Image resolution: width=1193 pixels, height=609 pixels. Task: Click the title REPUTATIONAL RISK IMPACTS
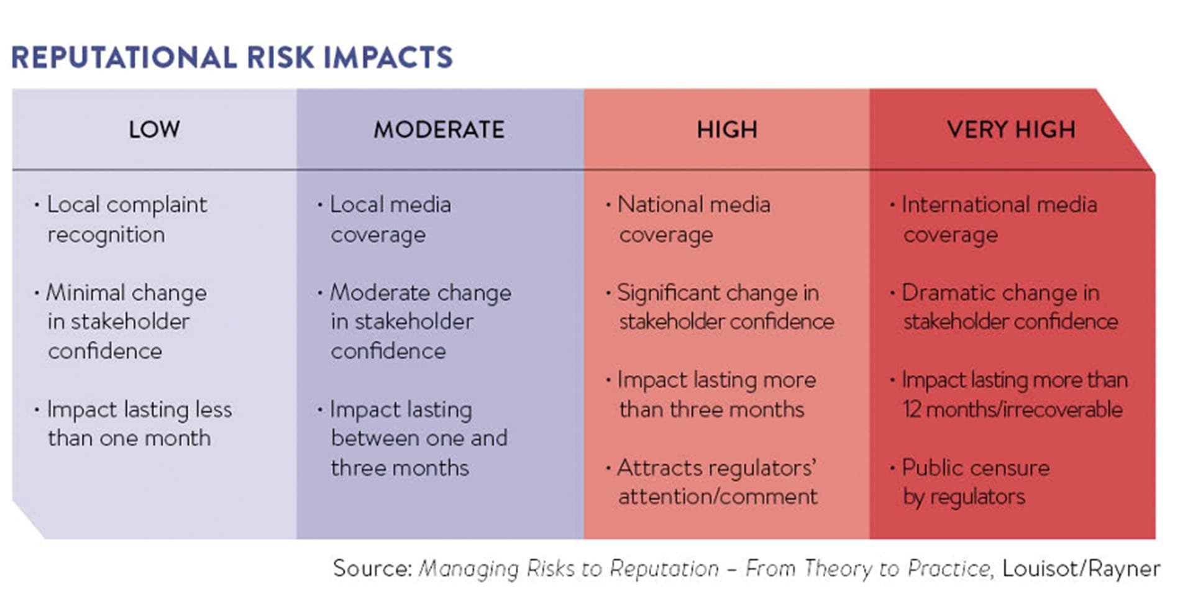(x=232, y=58)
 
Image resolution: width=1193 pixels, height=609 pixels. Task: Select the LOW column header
(x=154, y=129)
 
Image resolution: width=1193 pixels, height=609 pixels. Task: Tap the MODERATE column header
(x=439, y=129)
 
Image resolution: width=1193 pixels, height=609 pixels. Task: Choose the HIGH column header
(x=726, y=129)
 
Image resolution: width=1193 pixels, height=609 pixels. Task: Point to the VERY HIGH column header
(x=1011, y=129)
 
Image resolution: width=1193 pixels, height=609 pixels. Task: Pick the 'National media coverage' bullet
(x=693, y=219)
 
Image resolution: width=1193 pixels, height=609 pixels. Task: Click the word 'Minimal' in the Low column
(x=85, y=293)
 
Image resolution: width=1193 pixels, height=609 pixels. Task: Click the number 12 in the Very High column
(x=912, y=410)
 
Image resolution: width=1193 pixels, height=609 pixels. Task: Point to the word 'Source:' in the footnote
(x=372, y=569)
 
